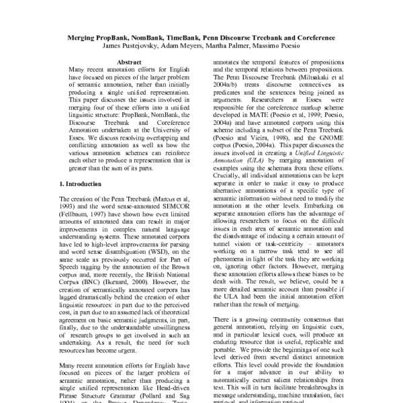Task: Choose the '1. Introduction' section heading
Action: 83,183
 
